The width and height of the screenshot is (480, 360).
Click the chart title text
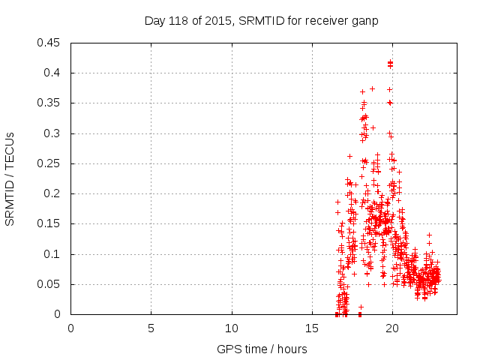(261, 21)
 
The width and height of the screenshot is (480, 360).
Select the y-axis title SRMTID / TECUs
(10, 178)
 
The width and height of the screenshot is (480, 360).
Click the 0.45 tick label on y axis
(51, 43)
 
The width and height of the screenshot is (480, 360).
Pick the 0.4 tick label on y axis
(54, 73)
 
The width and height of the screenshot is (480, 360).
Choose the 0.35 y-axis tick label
(51, 103)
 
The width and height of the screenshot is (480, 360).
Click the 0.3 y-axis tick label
(54, 133)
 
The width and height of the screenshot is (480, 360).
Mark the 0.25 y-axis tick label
(51, 163)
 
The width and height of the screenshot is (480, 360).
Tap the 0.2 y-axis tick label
(54, 193)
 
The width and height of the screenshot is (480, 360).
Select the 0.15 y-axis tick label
(51, 223)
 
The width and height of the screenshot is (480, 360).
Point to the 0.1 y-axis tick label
(54, 254)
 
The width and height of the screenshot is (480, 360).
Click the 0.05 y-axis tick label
(51, 284)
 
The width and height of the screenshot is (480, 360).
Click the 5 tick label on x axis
(151, 328)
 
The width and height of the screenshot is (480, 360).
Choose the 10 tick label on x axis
(232, 328)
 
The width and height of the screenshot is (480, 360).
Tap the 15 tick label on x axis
(312, 328)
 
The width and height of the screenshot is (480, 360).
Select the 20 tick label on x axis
(392, 328)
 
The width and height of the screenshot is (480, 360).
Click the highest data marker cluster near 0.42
(390, 64)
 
